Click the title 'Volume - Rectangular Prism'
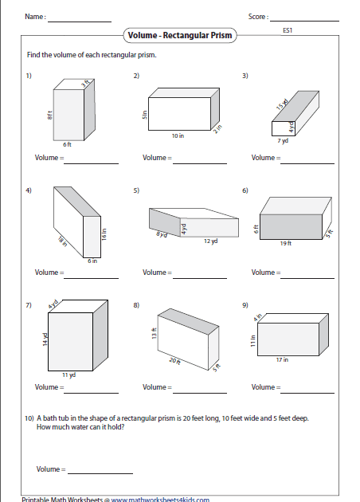coord(180,35)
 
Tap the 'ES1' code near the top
coord(288,30)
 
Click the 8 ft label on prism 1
coord(49,116)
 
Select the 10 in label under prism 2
coord(178,135)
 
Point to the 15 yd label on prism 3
coord(282,104)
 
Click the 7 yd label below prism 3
coord(283,140)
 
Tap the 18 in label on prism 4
coord(63,241)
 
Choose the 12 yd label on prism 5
coord(211,241)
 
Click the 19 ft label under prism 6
coord(286,243)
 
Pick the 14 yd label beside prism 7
coord(45,339)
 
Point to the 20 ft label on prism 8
coord(174,361)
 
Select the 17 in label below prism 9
coord(282,360)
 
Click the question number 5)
coord(136,190)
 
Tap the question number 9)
coord(245,305)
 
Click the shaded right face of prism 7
coord(100,335)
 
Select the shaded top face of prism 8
coord(188,321)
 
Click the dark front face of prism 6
coord(291,226)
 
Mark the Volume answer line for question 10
coord(100,473)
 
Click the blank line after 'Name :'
coord(80,22)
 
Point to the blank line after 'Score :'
coord(304,22)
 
